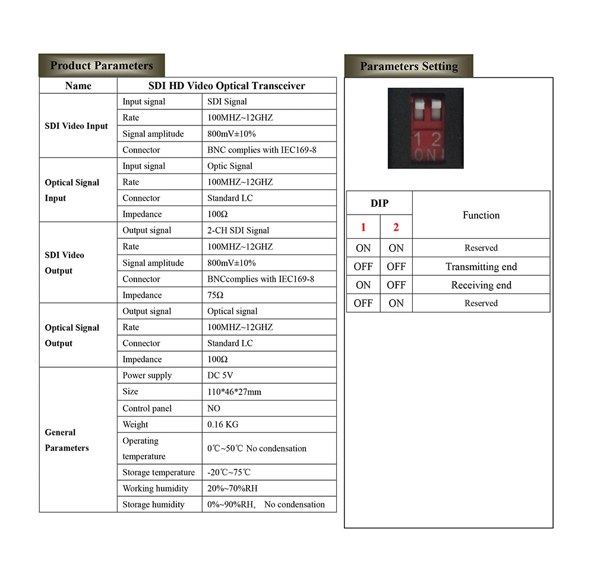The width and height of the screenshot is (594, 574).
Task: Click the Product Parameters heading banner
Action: (x=102, y=65)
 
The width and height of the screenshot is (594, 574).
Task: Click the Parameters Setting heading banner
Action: (x=409, y=66)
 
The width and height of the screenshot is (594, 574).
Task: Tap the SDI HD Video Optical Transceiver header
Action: (x=226, y=86)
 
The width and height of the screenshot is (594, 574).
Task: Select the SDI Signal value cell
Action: (x=227, y=102)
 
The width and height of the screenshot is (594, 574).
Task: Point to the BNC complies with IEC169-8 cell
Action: (x=261, y=150)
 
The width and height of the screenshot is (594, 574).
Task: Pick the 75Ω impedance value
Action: (x=216, y=295)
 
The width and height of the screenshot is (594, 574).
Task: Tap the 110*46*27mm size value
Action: (x=234, y=392)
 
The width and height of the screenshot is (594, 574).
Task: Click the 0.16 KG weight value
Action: (x=222, y=424)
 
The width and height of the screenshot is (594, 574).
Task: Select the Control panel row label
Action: (x=147, y=408)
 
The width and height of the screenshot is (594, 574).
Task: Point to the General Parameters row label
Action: (x=67, y=440)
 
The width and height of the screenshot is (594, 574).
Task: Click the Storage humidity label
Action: (x=153, y=504)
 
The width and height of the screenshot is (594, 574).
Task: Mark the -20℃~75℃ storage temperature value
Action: (x=229, y=472)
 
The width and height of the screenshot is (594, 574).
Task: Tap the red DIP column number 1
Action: (x=363, y=227)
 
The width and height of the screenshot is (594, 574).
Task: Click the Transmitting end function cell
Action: (x=481, y=267)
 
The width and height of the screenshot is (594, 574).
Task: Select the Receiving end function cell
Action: (x=481, y=285)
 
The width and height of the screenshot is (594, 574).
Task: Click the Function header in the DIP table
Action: (x=481, y=215)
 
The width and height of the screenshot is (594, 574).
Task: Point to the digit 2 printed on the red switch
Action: (x=436, y=140)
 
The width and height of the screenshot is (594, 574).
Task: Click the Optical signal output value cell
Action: (x=232, y=311)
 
